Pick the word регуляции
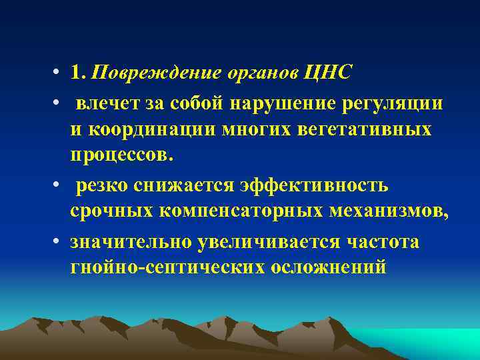(x=398, y=103)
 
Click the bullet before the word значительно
(x=60, y=242)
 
